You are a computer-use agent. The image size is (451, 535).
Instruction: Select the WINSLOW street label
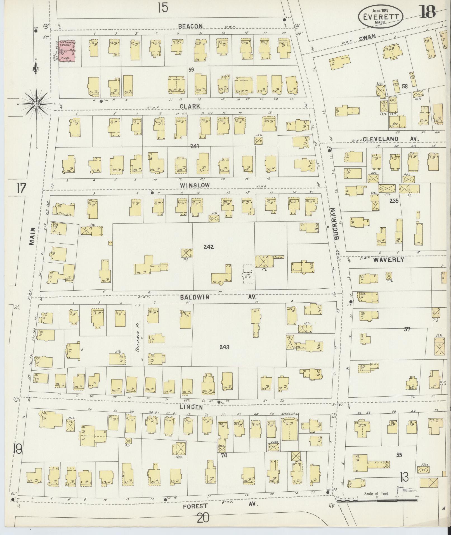[x=191, y=185]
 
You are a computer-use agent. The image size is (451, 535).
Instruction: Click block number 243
[x=224, y=347]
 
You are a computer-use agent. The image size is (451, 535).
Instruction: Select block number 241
[x=194, y=146]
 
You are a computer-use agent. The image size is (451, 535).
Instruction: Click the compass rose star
[x=36, y=104]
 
